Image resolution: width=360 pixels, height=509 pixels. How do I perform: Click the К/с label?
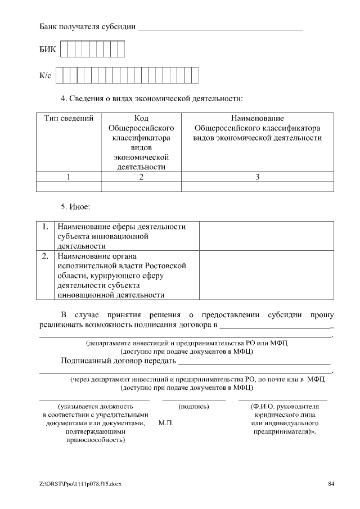(x=46, y=75)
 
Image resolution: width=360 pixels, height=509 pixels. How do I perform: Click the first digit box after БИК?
(x=64, y=50)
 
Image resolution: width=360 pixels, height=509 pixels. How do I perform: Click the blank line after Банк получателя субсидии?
(x=220, y=26)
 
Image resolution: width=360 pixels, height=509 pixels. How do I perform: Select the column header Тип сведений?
(x=69, y=119)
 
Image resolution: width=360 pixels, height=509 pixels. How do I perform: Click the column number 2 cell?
(x=141, y=177)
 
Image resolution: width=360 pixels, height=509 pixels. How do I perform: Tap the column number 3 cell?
(x=257, y=177)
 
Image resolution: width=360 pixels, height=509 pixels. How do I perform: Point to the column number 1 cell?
(x=69, y=177)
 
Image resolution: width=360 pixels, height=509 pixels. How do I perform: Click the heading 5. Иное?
(x=75, y=207)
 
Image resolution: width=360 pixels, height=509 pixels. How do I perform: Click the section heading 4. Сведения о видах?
(x=151, y=98)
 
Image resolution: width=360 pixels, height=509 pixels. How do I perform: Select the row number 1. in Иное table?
(x=46, y=227)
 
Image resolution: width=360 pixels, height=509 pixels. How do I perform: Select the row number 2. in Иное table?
(x=46, y=256)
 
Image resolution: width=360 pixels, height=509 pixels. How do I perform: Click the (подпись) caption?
(x=193, y=406)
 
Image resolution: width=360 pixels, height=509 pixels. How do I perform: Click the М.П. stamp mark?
(x=166, y=423)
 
